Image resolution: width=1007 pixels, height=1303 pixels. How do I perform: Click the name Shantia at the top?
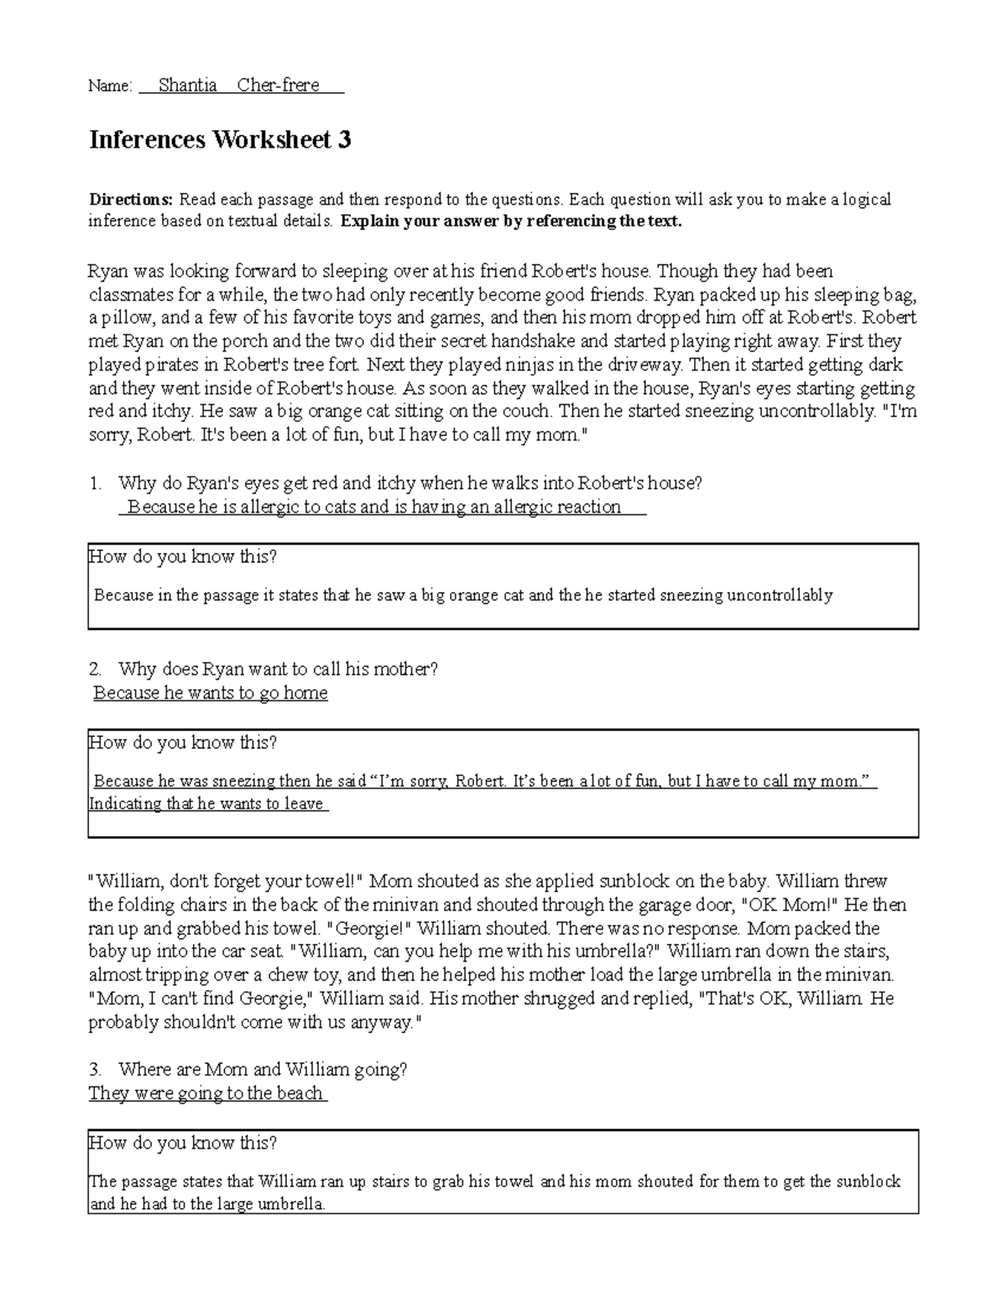tap(187, 85)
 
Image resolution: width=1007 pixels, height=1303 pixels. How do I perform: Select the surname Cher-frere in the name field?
tap(278, 85)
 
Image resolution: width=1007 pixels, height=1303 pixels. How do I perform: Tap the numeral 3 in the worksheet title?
tap(344, 140)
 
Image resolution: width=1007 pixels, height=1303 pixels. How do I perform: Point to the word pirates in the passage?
tap(169, 365)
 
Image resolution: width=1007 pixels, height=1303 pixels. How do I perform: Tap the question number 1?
tap(95, 483)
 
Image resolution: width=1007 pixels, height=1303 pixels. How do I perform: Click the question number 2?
tap(95, 669)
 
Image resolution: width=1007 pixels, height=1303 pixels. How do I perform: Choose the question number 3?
tap(95, 1070)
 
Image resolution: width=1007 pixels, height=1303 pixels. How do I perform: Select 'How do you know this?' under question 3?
tap(183, 1143)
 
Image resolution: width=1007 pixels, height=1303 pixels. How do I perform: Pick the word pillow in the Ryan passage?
tap(127, 318)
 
